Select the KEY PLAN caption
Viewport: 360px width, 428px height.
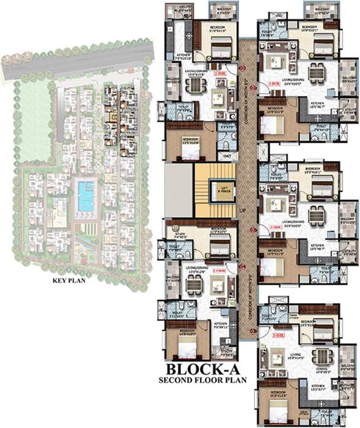point(69,280)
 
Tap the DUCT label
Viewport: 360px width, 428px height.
point(227,157)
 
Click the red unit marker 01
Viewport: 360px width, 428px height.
point(252,87)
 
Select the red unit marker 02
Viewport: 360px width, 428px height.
point(252,230)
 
